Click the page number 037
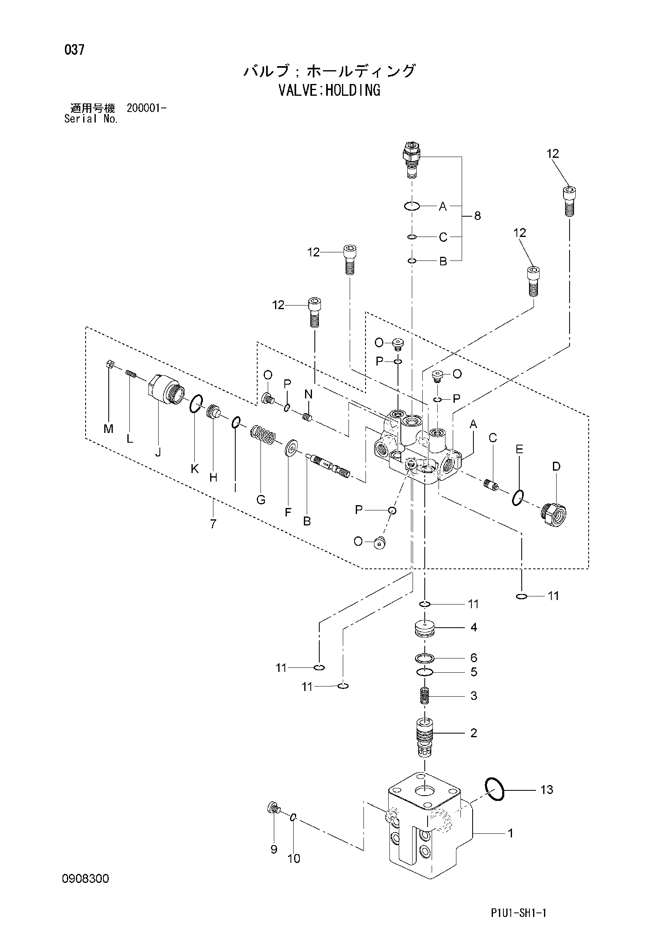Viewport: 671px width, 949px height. [x=74, y=50]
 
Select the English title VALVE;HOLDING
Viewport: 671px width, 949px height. [x=329, y=90]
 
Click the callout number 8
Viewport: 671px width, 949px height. [x=477, y=215]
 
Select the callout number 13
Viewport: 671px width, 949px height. [x=546, y=790]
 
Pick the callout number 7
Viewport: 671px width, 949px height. [x=213, y=524]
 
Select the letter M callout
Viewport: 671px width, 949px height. [x=108, y=429]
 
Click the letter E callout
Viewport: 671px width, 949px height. [x=519, y=449]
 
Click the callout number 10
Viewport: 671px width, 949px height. [x=293, y=859]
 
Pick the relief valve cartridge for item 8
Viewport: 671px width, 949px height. [x=411, y=159]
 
